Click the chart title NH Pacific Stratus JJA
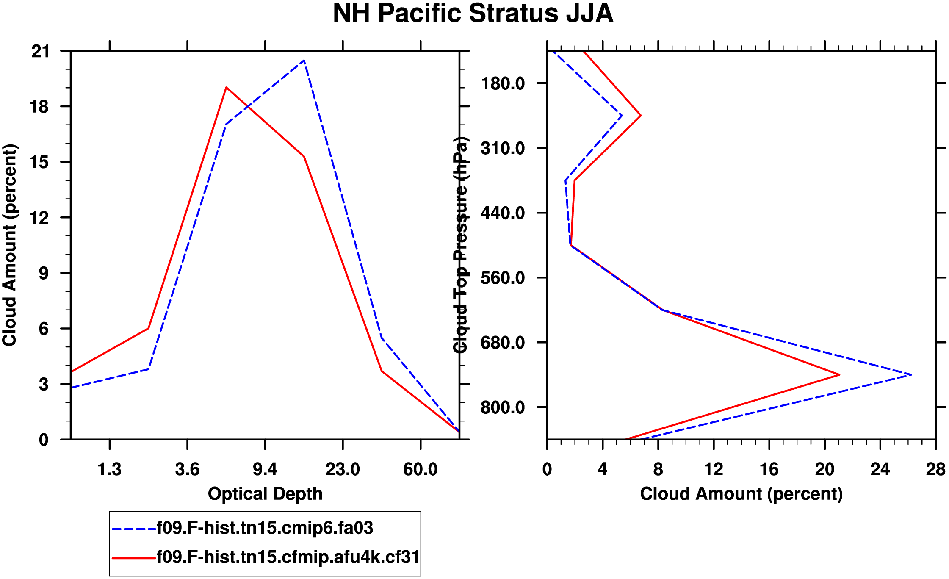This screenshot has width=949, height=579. click(473, 14)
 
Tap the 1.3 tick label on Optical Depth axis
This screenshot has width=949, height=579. click(110, 469)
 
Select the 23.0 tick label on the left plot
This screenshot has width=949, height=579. click(343, 469)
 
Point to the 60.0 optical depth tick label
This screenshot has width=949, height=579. click(420, 469)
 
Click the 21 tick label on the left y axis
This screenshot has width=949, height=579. click(40, 52)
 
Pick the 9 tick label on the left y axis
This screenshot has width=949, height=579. click(44, 274)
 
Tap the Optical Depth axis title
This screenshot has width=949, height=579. click(265, 494)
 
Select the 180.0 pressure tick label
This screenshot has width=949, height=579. click(503, 83)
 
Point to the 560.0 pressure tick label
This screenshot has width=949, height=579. click(503, 278)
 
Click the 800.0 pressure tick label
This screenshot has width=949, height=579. click(503, 407)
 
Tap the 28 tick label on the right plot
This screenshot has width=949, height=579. click(935, 469)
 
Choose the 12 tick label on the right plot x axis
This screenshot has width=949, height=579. click(714, 469)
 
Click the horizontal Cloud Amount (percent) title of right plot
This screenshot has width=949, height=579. click(741, 494)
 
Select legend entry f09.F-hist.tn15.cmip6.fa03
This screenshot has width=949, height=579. click(265, 528)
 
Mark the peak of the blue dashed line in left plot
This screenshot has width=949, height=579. click(304, 61)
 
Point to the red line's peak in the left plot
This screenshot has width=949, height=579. click(227, 87)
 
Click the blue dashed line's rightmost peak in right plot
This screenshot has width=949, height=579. click(911, 374)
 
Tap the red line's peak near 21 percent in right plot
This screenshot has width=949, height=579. click(839, 374)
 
